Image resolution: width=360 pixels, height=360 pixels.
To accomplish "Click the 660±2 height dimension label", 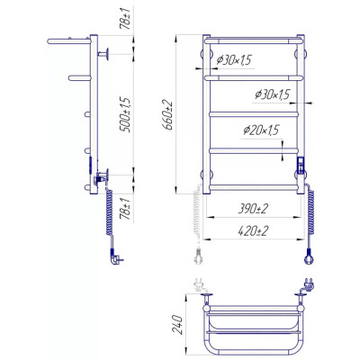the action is [168, 115].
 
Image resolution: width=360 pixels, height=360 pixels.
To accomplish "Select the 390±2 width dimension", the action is [253, 209].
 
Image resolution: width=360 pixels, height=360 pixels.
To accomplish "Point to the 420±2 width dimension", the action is [253, 231].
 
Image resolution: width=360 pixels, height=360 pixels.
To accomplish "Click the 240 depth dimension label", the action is [177, 326].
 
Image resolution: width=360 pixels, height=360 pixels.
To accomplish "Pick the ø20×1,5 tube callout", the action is [261, 130].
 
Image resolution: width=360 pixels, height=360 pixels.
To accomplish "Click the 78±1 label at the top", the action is [125, 18].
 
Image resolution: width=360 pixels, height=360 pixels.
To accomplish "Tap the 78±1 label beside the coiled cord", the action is [126, 209].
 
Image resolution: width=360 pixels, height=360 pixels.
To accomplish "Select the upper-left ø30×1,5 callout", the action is [234, 60].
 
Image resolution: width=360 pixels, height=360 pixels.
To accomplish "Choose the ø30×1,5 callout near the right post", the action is [272, 94].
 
